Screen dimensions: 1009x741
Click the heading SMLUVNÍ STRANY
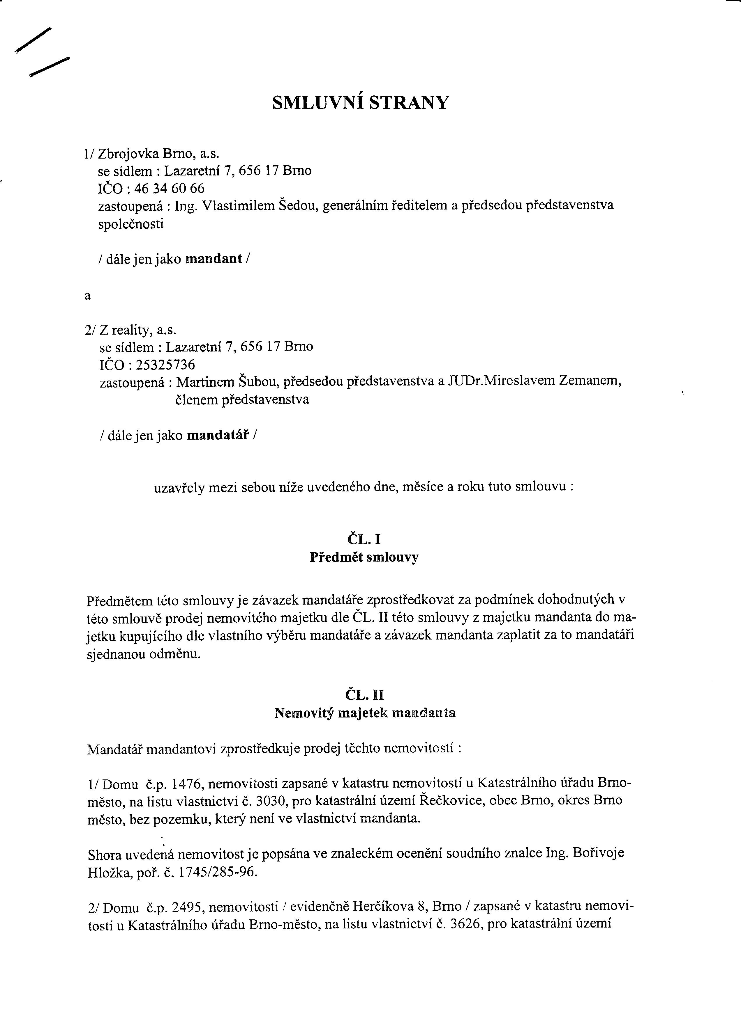pyautogui.click(x=360, y=103)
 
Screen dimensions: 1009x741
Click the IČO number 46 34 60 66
pyautogui.click(x=169, y=188)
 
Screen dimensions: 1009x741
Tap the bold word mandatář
pyautogui.click(x=218, y=435)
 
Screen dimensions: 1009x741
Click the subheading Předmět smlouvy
pyautogui.click(x=364, y=557)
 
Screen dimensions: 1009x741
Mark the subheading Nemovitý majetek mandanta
pyautogui.click(x=365, y=713)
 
